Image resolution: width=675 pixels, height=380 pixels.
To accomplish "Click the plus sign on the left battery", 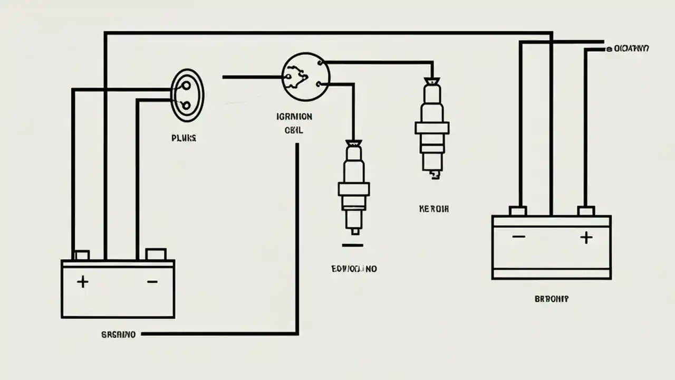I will (x=82, y=282).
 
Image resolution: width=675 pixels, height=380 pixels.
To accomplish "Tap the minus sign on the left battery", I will (x=152, y=282).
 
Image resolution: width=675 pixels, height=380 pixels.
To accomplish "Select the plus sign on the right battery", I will (x=586, y=237).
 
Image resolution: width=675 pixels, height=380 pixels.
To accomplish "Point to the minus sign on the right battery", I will (x=518, y=236).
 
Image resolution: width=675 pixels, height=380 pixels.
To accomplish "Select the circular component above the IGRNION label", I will (x=305, y=77).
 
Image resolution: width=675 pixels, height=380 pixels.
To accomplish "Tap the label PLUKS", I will (x=184, y=138).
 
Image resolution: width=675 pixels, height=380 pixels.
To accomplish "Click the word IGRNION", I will (x=294, y=116).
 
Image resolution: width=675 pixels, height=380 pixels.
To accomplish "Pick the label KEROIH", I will (x=433, y=209).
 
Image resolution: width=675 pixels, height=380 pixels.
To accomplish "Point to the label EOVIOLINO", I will (x=354, y=269).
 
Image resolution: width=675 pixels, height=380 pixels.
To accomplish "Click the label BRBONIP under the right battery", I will (x=552, y=299).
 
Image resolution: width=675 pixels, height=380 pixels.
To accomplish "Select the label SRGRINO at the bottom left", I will (x=118, y=334).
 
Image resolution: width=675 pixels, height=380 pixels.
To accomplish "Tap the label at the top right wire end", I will (x=628, y=49).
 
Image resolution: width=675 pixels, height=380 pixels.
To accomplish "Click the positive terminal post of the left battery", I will (x=81, y=255).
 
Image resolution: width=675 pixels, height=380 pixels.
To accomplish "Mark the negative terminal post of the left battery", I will (x=156, y=254).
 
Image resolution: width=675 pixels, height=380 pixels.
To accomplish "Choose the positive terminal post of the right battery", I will (x=586, y=211).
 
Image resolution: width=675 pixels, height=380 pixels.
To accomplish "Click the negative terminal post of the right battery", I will (x=518, y=211).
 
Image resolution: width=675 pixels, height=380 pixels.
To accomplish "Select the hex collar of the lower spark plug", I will (x=354, y=189).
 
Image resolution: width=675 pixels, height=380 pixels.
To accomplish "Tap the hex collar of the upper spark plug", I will (x=432, y=128).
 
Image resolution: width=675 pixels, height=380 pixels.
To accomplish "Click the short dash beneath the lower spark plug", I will (x=352, y=245).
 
